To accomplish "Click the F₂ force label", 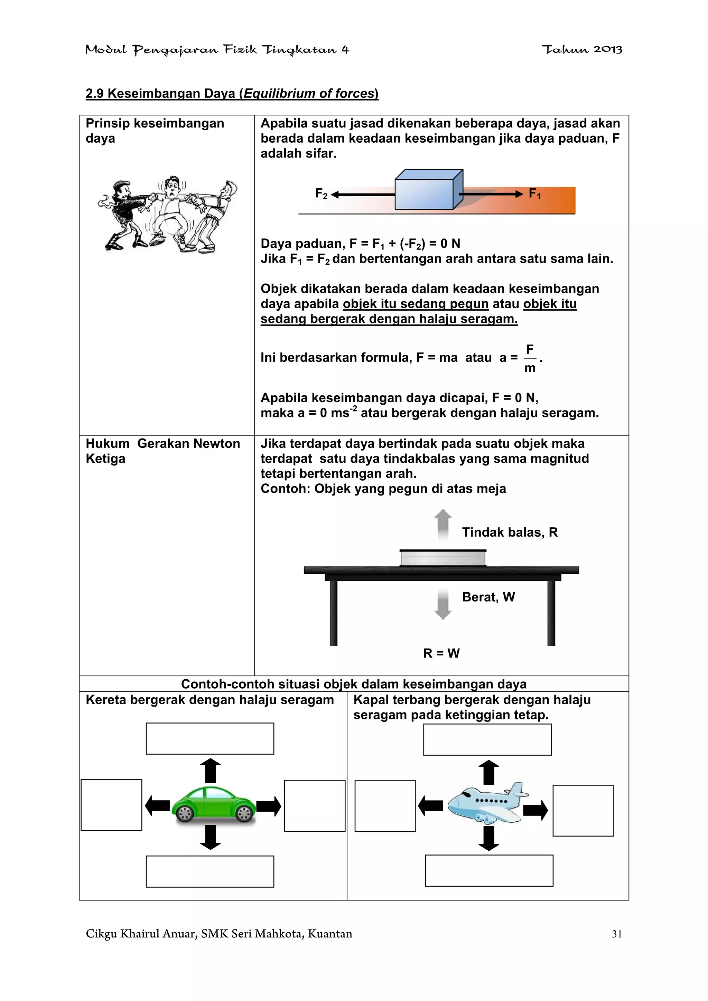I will click(321, 193).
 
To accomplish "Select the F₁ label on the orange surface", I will click(534, 193).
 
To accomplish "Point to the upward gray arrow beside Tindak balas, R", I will click(443, 525).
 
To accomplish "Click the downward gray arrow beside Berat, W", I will click(443, 604).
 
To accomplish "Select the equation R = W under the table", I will click(441, 653).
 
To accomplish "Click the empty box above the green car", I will click(210, 738).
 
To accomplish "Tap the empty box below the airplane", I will click(489, 871).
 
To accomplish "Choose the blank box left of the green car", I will click(112, 805).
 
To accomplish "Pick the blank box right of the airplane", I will click(583, 811).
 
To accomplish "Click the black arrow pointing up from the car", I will click(210, 771).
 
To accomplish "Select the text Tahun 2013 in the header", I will click(581, 50).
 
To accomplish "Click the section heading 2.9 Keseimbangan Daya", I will click(232, 93).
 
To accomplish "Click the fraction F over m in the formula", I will click(530, 358).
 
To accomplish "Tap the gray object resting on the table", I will click(443, 558).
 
